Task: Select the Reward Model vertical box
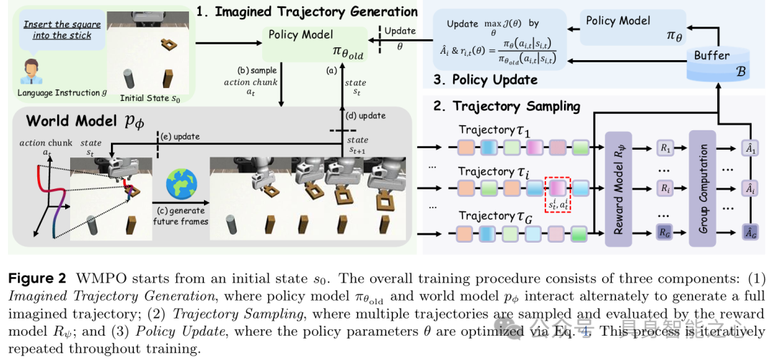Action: [621, 188]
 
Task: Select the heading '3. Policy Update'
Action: [485, 79]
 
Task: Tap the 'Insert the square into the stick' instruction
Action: [62, 29]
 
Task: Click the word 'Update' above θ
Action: [399, 31]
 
